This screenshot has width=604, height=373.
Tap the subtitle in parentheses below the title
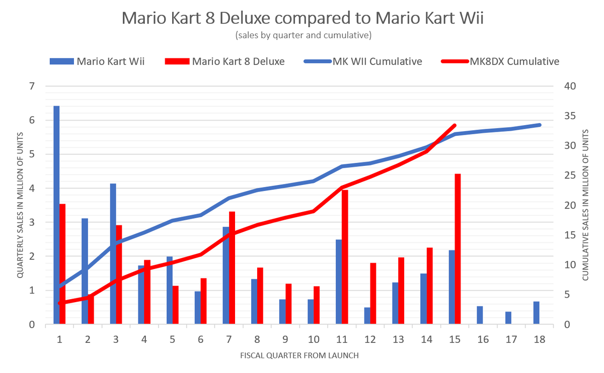pyautogui.click(x=303, y=35)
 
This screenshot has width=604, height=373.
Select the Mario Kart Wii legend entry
pyautogui.click(x=98, y=61)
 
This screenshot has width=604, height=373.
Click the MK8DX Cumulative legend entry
pyautogui.click(x=501, y=61)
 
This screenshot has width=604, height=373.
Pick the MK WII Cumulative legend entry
pyautogui.click(x=362, y=61)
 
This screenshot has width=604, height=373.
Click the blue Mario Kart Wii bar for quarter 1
pyautogui.click(x=56, y=216)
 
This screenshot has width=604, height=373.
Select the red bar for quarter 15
pyautogui.click(x=458, y=249)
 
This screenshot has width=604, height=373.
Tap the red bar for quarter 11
pyautogui.click(x=345, y=257)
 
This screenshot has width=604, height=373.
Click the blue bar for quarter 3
pyautogui.click(x=113, y=254)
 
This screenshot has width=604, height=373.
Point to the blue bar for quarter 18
pyautogui.click(x=537, y=313)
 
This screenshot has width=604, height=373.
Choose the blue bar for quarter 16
pyautogui.click(x=480, y=315)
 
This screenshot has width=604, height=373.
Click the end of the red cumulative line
pyautogui.click(x=455, y=125)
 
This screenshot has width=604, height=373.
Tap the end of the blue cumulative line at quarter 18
pyautogui.click(x=539, y=125)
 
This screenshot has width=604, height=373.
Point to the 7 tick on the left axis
pyautogui.click(x=32, y=86)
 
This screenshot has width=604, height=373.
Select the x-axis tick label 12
pyautogui.click(x=370, y=339)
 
